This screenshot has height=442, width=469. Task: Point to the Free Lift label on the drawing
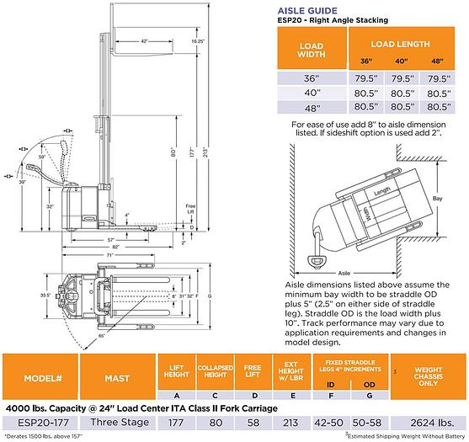pos(191,207)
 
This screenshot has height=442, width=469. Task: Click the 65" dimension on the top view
pos(102,336)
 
